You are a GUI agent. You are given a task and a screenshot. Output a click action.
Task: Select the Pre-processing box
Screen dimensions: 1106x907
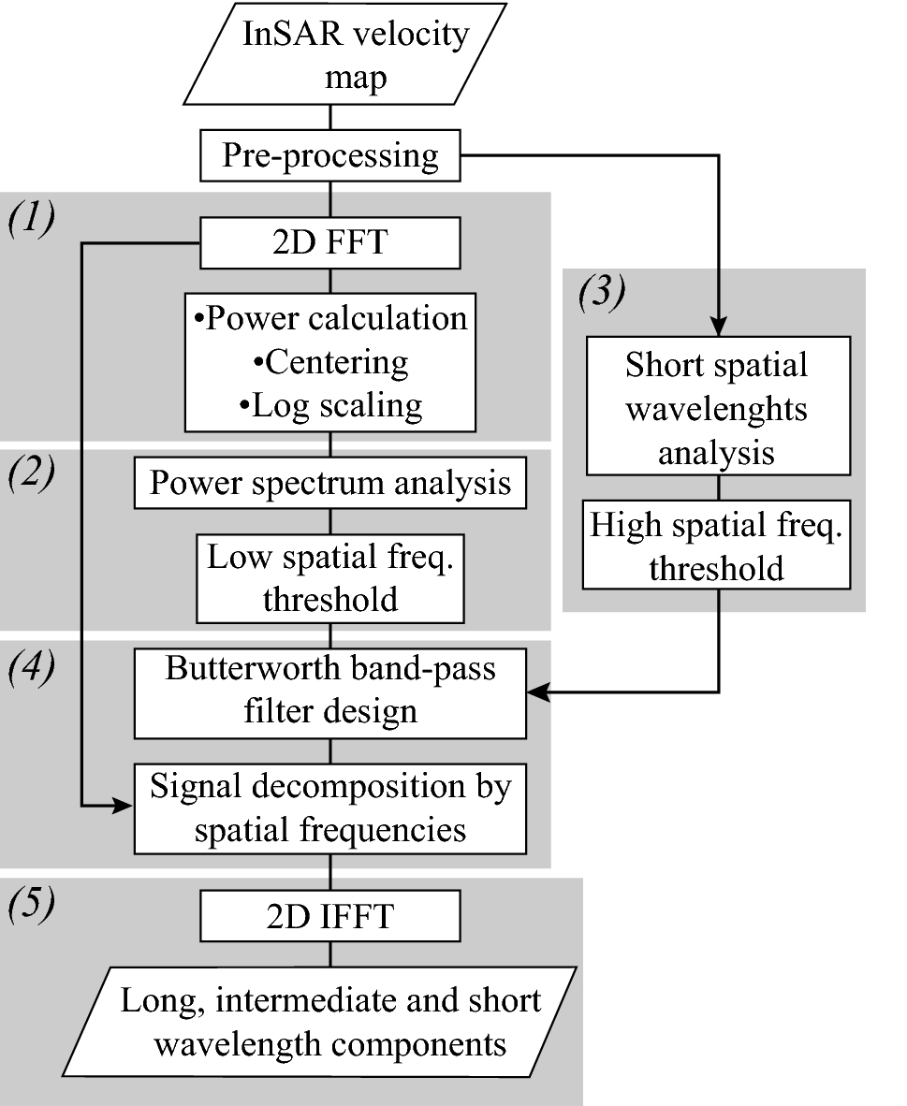click(329, 155)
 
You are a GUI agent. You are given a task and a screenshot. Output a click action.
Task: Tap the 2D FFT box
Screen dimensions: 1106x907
click(329, 246)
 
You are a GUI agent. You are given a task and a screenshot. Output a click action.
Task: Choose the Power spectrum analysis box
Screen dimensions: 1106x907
click(329, 484)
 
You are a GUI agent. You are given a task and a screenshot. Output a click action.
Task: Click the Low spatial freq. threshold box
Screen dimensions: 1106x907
click(329, 578)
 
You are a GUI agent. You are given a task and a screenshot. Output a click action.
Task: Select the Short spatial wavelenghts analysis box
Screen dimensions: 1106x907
click(717, 408)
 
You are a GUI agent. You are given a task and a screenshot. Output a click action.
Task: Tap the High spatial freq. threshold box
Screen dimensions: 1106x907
click(717, 546)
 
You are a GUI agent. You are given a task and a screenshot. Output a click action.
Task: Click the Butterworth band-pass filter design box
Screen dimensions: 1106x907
click(329, 691)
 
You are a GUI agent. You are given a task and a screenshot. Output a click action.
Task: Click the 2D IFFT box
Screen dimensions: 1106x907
click(329, 916)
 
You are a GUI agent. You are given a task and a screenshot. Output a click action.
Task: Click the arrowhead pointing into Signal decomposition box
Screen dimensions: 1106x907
click(124, 806)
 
